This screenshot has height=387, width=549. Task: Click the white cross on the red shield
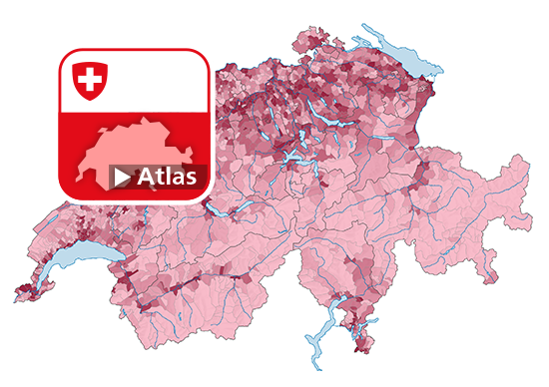[x=91, y=79]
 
